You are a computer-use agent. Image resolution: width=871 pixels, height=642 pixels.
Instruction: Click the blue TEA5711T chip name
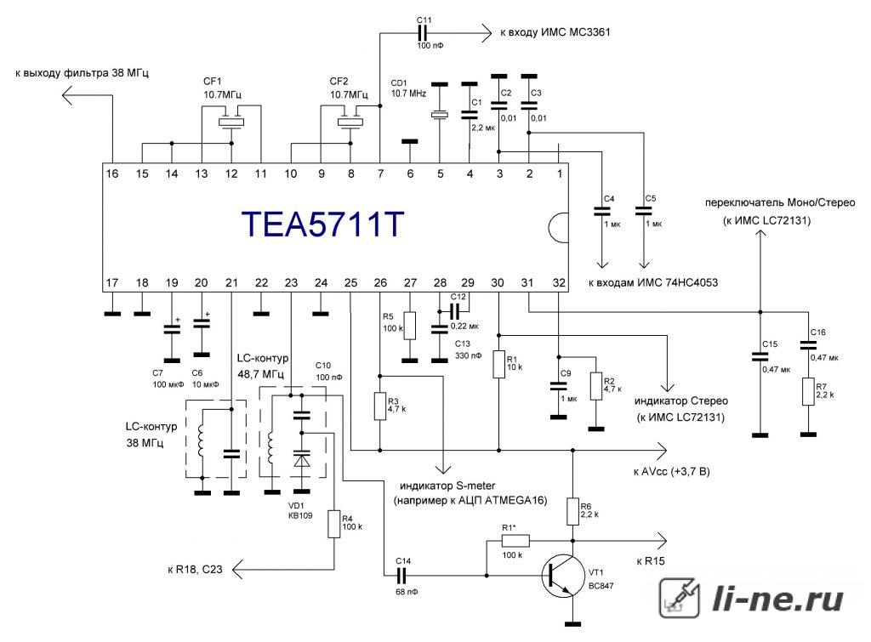pos(322,224)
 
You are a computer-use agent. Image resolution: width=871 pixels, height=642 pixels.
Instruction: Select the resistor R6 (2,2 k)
pos(573,512)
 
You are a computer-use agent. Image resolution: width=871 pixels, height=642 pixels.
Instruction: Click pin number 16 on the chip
pos(112,173)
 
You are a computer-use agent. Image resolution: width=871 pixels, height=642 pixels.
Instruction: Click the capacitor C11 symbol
pos(424,33)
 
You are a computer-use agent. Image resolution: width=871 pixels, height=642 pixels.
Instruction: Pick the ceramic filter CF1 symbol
pos(231,122)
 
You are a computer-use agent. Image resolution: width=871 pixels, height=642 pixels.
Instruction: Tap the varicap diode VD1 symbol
pos(302,460)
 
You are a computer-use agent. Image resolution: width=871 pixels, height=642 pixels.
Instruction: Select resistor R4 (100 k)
pos(333,524)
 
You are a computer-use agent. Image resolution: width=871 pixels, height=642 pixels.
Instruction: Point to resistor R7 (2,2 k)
pos(808,391)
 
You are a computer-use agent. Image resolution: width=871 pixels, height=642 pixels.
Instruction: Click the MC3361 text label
pos(589,32)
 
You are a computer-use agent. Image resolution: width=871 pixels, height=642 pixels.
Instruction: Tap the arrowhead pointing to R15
pos(661,540)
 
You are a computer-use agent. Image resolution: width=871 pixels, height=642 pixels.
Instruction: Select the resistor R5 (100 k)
pos(409,326)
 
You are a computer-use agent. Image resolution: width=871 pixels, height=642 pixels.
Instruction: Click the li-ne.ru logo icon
pos(680,598)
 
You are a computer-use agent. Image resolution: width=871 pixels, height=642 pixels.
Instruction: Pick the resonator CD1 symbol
pos(440,115)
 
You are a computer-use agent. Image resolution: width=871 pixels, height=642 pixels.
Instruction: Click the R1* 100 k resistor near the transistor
pos(515,540)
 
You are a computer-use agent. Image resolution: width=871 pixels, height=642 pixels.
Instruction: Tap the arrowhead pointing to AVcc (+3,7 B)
pos(661,450)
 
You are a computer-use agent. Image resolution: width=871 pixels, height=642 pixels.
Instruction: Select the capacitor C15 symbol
pos(760,356)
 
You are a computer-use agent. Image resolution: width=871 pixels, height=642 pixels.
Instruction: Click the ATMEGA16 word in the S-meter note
pos(515,500)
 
